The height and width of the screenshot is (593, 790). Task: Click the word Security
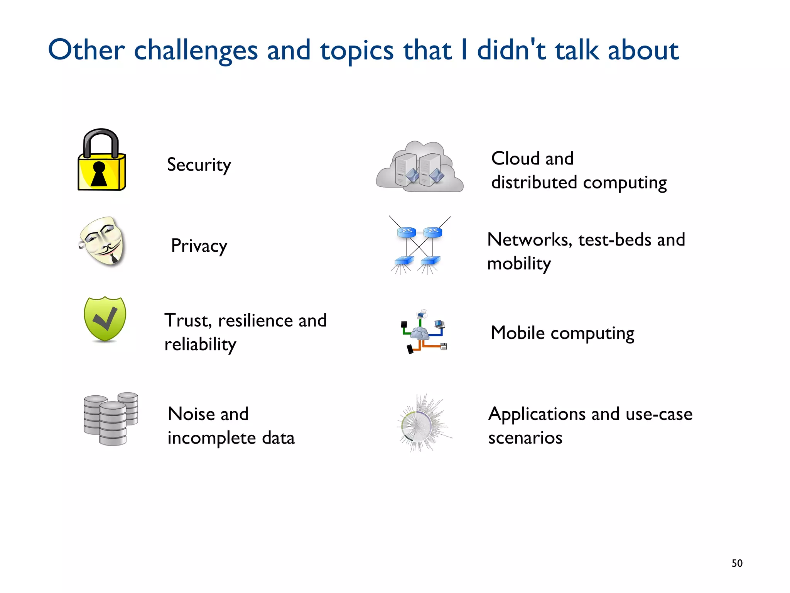tap(199, 165)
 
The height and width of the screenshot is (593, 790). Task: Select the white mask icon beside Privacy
tap(102, 241)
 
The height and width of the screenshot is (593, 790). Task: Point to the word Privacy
tap(199, 246)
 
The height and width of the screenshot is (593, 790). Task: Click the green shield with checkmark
tap(105, 319)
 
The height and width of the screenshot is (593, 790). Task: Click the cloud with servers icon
tap(420, 167)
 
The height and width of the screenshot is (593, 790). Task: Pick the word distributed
tap(534, 182)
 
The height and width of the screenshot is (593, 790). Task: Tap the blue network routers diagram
tap(419, 246)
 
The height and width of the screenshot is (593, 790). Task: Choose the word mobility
tap(519, 264)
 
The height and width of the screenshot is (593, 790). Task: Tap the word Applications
tap(537, 414)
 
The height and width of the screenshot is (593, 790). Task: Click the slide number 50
tap(737, 563)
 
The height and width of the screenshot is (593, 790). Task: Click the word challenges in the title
tap(196, 50)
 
